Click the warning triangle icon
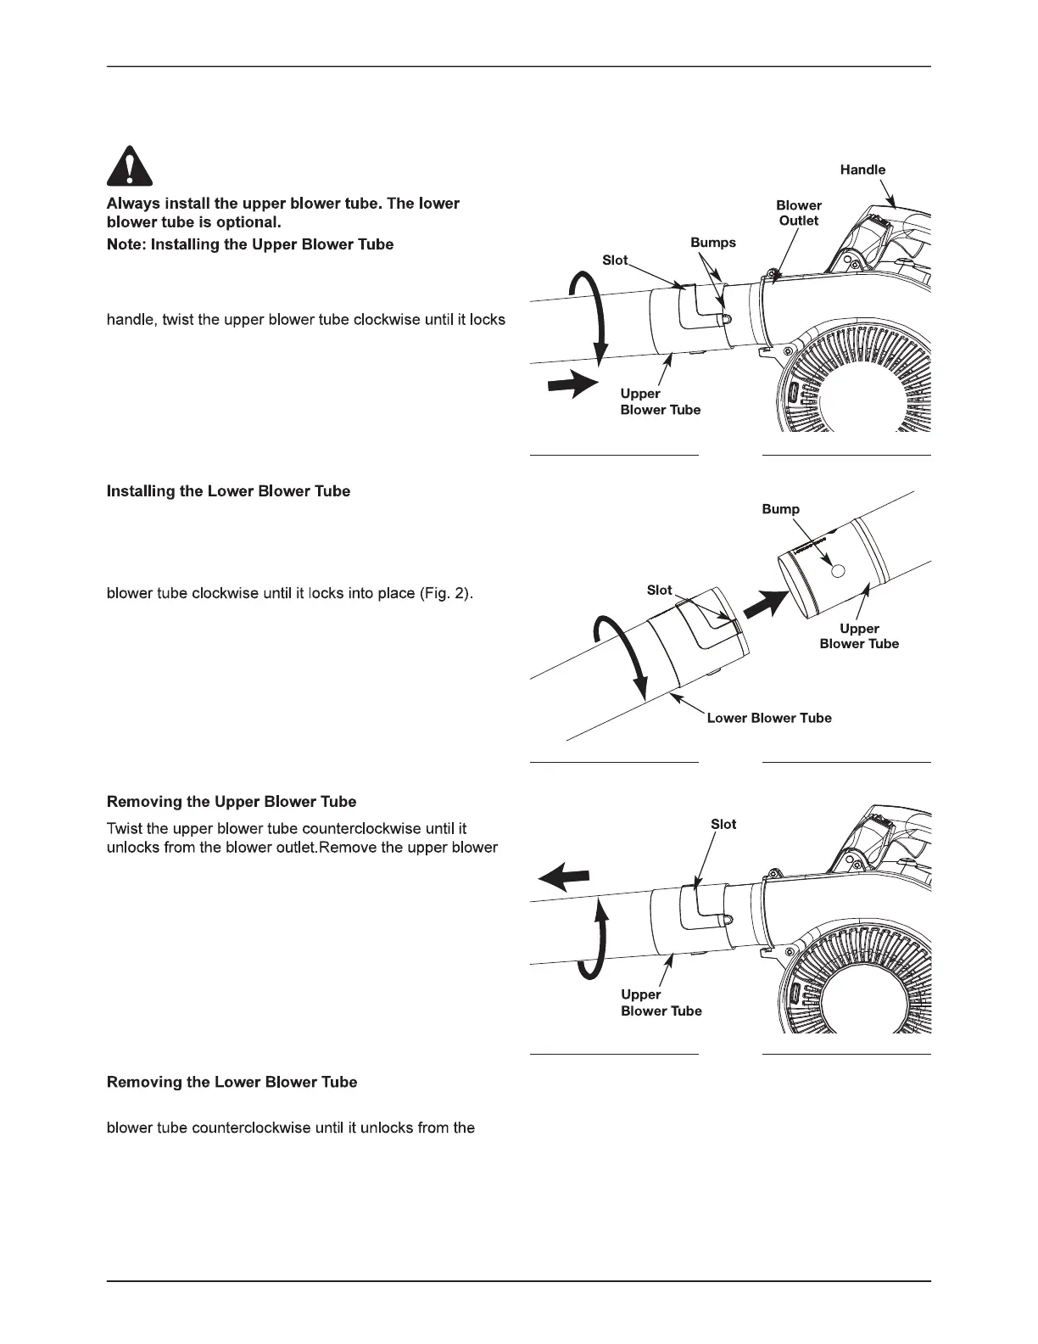click(130, 166)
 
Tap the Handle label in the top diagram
click(862, 170)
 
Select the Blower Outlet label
click(799, 213)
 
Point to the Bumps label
click(713, 243)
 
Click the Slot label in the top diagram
click(615, 260)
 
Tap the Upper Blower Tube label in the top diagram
click(661, 401)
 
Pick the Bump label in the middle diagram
click(780, 509)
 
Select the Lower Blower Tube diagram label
click(769, 718)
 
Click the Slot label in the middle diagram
click(659, 590)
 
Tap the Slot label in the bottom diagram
click(723, 824)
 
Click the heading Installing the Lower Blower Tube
click(228, 491)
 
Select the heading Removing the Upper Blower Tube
click(232, 802)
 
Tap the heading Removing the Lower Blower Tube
click(232, 1082)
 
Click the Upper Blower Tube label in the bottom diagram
click(661, 1002)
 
